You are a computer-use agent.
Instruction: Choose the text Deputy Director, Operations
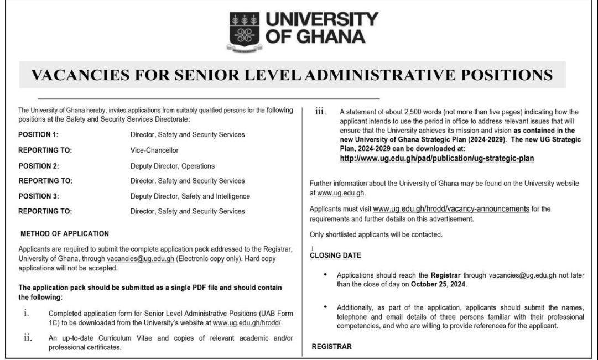click(x=172, y=166)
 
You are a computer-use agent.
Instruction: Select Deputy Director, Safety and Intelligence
click(x=190, y=196)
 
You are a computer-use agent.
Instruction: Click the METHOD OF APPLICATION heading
click(x=65, y=234)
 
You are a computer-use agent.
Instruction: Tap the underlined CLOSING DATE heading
click(x=335, y=255)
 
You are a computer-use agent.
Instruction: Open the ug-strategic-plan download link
click(x=437, y=158)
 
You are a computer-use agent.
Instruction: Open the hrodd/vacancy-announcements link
click(x=451, y=209)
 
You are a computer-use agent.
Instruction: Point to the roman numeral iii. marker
click(x=320, y=112)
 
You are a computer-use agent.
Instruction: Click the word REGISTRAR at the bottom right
click(x=331, y=347)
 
